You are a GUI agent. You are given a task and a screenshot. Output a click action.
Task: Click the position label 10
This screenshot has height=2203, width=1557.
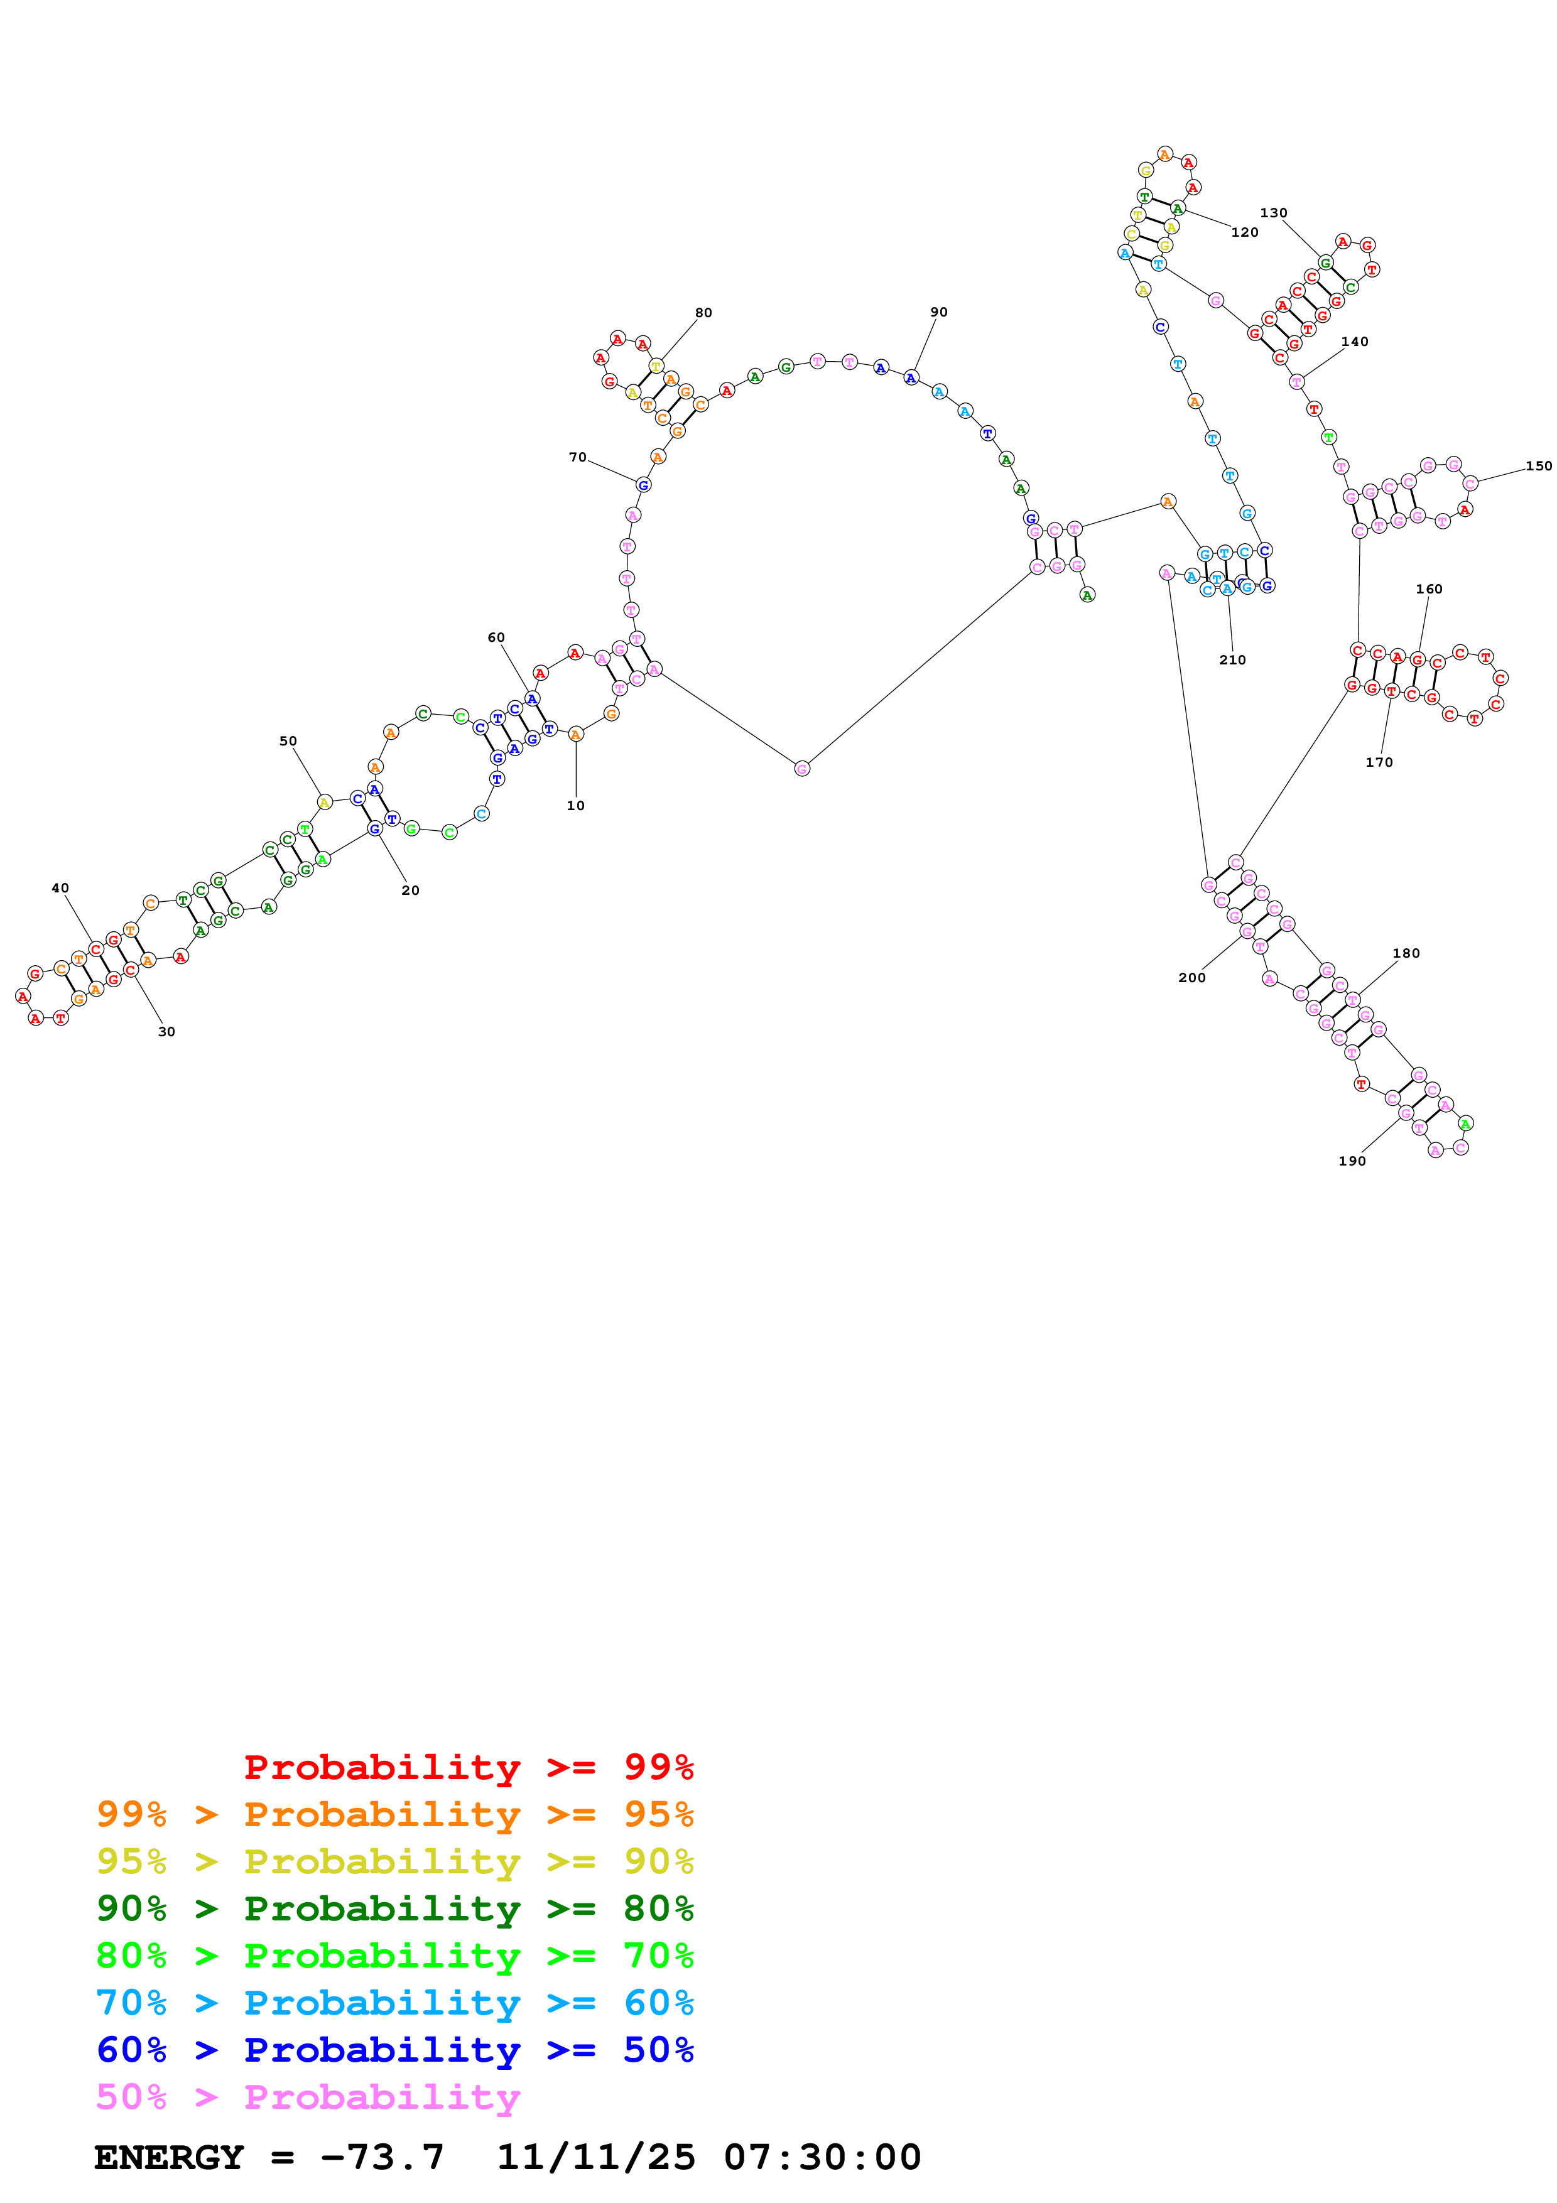click(x=575, y=805)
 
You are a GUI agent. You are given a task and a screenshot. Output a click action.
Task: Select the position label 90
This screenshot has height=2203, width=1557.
click(x=938, y=312)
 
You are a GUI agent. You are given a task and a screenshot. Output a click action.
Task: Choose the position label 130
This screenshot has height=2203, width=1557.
click(x=1273, y=213)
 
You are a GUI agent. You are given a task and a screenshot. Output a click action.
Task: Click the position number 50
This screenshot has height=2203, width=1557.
click(x=288, y=741)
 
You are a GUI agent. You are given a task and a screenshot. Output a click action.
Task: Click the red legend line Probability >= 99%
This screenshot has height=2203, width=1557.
click(x=468, y=1767)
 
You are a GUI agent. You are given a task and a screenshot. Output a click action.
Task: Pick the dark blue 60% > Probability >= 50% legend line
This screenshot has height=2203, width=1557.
click(x=394, y=2050)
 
